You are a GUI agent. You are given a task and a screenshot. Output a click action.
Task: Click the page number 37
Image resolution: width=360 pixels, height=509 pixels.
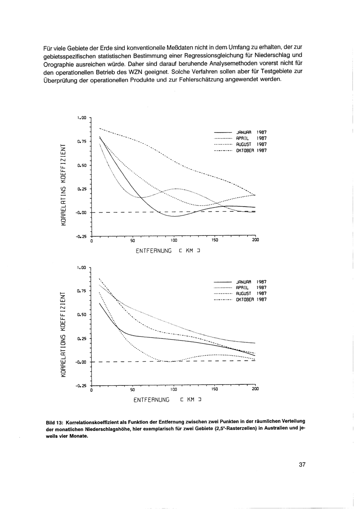click(x=302, y=465)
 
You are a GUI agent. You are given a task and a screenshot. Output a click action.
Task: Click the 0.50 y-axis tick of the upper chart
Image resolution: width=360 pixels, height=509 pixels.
click(x=82, y=166)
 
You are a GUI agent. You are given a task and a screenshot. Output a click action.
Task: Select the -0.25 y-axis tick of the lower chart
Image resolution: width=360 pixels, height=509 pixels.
click(x=81, y=386)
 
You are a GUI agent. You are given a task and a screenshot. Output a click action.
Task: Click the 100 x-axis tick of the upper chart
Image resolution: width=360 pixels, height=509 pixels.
click(x=174, y=240)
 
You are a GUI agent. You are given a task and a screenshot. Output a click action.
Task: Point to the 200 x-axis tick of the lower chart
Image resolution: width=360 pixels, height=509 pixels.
click(x=255, y=389)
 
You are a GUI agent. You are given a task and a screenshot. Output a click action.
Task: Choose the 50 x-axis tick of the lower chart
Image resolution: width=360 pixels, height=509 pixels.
click(x=132, y=389)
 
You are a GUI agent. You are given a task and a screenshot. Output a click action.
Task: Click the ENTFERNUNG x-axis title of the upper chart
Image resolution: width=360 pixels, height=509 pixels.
click(x=154, y=251)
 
